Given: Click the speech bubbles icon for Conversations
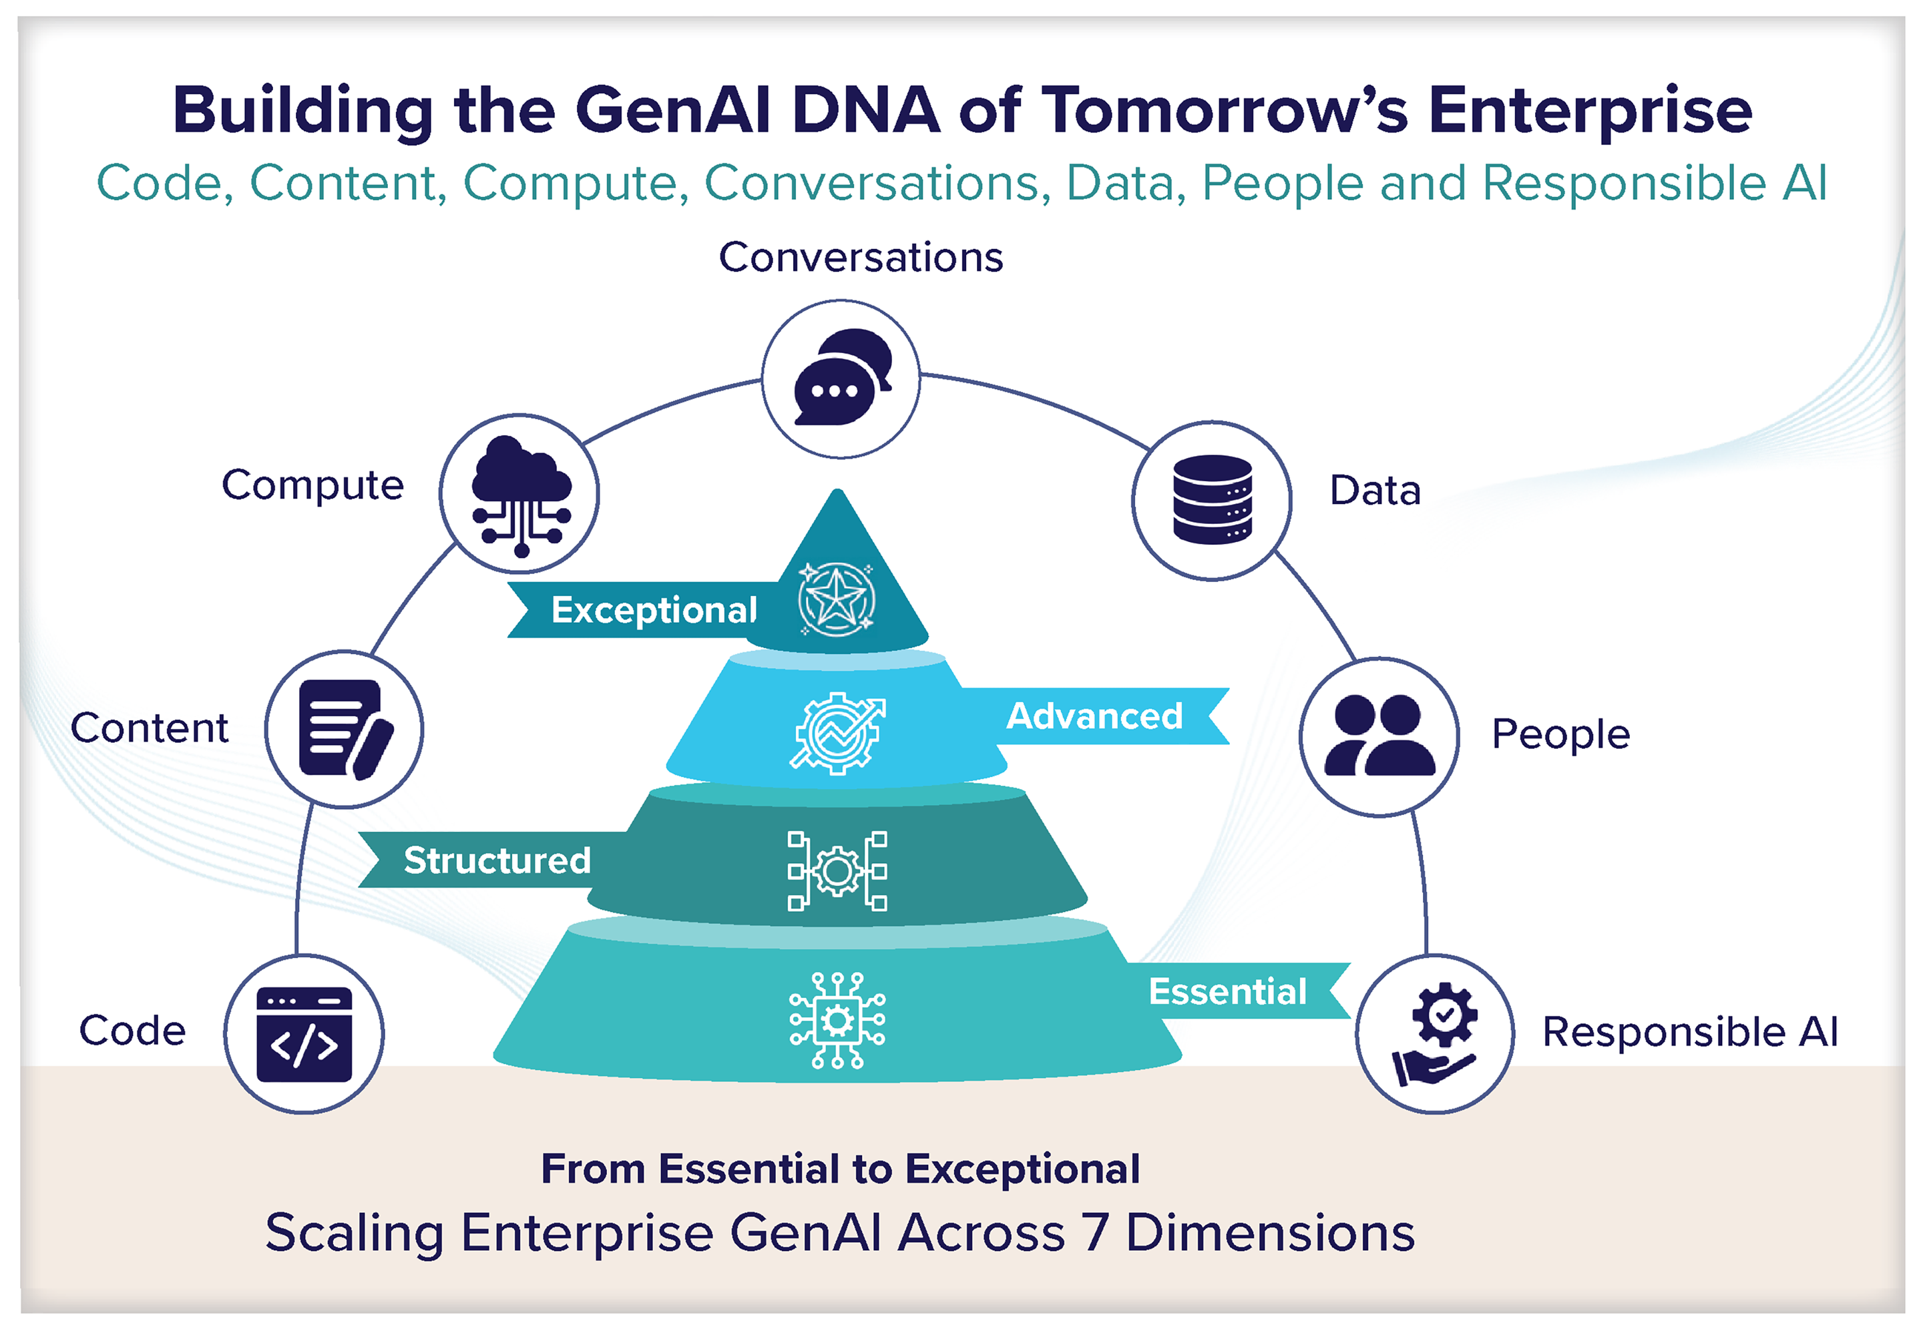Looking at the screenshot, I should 841,379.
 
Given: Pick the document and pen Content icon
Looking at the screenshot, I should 344,730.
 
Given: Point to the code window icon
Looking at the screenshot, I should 304,1034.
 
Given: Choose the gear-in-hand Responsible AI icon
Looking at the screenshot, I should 1435,1033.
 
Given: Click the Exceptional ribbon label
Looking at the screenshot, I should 654,610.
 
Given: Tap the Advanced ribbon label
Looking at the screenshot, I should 1094,716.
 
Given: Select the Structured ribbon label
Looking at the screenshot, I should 497,860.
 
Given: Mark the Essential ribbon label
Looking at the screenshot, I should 1228,992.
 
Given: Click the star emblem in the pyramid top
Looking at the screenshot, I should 836,599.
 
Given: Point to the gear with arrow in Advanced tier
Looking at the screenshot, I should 837,734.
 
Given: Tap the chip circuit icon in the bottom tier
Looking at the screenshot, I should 837,1020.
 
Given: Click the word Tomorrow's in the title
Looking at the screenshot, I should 1225,111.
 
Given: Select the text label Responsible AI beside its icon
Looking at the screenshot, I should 1690,1032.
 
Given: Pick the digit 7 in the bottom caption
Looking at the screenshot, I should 1096,1232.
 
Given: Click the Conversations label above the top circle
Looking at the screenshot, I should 861,257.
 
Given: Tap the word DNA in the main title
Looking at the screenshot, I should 865,111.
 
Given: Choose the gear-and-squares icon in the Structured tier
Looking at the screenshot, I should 837,871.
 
